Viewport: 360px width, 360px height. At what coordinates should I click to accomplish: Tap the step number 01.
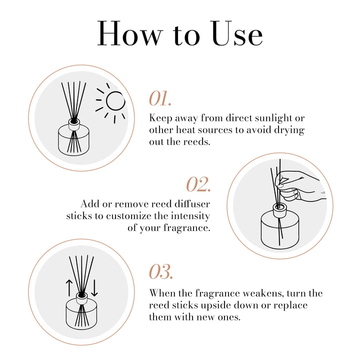click(x=160, y=98)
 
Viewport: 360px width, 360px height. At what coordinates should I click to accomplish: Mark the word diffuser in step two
click(x=192, y=204)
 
